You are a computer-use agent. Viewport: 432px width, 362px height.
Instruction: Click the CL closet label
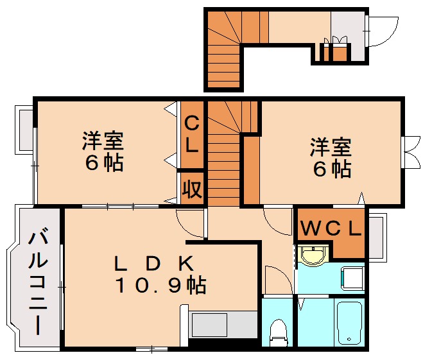(192, 133)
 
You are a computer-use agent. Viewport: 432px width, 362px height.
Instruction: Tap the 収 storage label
(191, 188)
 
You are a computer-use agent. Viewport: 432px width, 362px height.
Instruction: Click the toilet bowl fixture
(279, 330)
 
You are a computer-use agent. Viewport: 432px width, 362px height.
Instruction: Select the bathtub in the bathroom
(350, 322)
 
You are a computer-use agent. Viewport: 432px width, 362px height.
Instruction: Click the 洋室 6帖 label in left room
(103, 151)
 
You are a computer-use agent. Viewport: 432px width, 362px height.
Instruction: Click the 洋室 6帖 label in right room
(330, 157)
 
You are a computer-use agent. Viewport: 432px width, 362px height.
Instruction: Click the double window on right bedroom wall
(410, 152)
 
